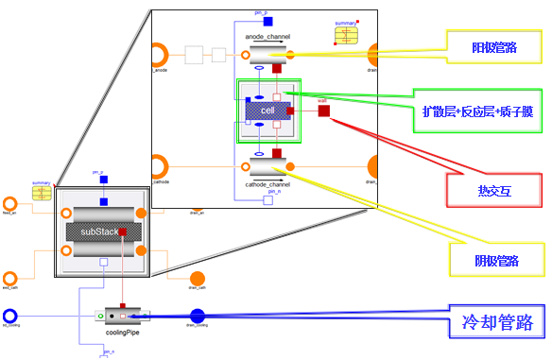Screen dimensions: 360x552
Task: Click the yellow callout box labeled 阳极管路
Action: click(x=493, y=46)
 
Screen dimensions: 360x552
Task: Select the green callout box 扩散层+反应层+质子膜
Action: click(x=477, y=111)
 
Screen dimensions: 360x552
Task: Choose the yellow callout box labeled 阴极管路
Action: click(x=495, y=261)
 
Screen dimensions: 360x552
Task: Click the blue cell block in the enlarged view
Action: click(x=267, y=111)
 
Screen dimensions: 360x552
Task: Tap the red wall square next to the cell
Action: click(x=324, y=111)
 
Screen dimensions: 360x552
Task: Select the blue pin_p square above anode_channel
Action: click(x=267, y=22)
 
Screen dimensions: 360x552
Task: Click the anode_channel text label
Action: click(x=267, y=37)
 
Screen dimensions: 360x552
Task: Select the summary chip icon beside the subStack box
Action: click(x=42, y=194)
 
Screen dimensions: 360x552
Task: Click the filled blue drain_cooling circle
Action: click(x=198, y=316)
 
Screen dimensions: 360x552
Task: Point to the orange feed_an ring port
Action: click(x=10, y=204)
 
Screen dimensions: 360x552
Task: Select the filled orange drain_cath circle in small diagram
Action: click(x=198, y=279)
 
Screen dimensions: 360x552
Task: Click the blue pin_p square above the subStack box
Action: click(x=103, y=179)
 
